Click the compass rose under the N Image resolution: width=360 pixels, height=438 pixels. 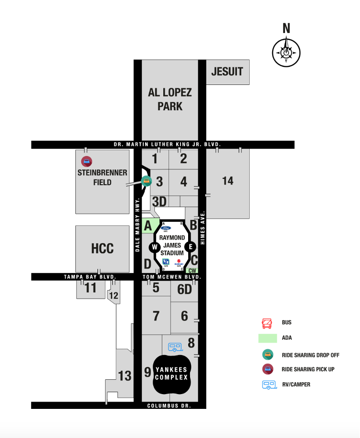(x=286, y=52)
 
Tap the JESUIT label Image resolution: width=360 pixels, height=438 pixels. (x=227, y=72)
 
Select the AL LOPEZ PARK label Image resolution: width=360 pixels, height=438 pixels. (x=170, y=99)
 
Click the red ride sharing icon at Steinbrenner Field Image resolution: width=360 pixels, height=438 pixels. (x=86, y=161)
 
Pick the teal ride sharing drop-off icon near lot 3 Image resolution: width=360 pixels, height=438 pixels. (x=147, y=181)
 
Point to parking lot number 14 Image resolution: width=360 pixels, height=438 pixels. (x=228, y=180)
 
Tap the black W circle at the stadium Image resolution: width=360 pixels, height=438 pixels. (x=155, y=247)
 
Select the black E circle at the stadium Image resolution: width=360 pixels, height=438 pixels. (x=190, y=247)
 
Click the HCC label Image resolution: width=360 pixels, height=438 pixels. (x=102, y=249)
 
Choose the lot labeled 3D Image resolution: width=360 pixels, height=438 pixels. (x=159, y=201)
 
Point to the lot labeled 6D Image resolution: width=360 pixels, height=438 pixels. (x=184, y=289)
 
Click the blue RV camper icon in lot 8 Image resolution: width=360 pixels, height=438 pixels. (x=175, y=347)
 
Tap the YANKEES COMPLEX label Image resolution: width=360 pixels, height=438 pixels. (x=171, y=374)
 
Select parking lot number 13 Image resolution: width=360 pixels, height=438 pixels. (x=125, y=376)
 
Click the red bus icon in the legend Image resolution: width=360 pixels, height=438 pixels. (x=267, y=323)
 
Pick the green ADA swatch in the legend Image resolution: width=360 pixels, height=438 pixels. (x=267, y=338)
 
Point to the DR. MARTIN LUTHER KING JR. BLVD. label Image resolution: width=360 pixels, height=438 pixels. (x=167, y=144)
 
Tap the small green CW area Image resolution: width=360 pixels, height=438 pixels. (x=192, y=271)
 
